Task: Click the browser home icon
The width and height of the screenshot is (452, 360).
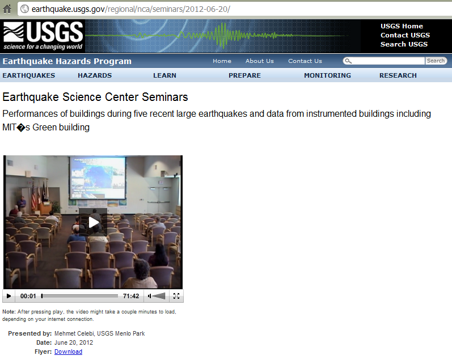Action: [x=7, y=9]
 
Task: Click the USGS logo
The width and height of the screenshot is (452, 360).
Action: [x=43, y=36]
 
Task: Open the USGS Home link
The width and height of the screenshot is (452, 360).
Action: [x=402, y=26]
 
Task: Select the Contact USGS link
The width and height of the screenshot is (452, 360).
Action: [x=405, y=35]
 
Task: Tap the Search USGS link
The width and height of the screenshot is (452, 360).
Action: [x=404, y=44]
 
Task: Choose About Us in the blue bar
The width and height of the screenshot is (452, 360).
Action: [x=259, y=61]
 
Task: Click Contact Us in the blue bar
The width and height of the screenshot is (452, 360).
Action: [x=305, y=61]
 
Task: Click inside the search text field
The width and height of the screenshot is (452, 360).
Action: [x=388, y=61]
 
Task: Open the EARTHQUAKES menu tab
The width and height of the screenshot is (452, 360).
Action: [x=29, y=75]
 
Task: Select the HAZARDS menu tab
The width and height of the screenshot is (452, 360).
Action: [x=95, y=75]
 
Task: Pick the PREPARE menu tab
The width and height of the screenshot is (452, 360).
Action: [x=244, y=75]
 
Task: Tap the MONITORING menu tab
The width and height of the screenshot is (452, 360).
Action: [x=327, y=75]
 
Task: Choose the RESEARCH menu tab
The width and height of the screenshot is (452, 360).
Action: [x=398, y=75]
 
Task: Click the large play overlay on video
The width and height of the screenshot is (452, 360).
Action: [x=93, y=222]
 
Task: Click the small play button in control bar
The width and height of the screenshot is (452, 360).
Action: [x=9, y=296]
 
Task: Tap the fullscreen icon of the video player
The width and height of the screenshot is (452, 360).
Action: [x=176, y=296]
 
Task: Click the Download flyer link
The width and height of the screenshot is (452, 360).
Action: [x=68, y=351]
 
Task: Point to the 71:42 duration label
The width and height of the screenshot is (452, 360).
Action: [x=131, y=296]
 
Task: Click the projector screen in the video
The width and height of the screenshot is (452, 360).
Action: [x=98, y=177]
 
